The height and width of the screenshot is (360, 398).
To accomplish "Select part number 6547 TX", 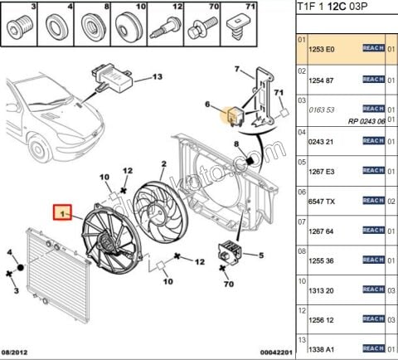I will (322, 202).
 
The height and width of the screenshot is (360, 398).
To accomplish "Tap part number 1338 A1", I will (322, 348).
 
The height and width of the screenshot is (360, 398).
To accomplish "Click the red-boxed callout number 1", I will (61, 214).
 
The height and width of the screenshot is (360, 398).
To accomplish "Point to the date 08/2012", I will (18, 352).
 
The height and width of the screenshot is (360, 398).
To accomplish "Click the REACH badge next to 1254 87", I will (373, 80).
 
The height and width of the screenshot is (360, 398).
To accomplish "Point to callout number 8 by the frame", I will (235, 145).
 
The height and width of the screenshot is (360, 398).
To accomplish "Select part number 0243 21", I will (322, 141).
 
